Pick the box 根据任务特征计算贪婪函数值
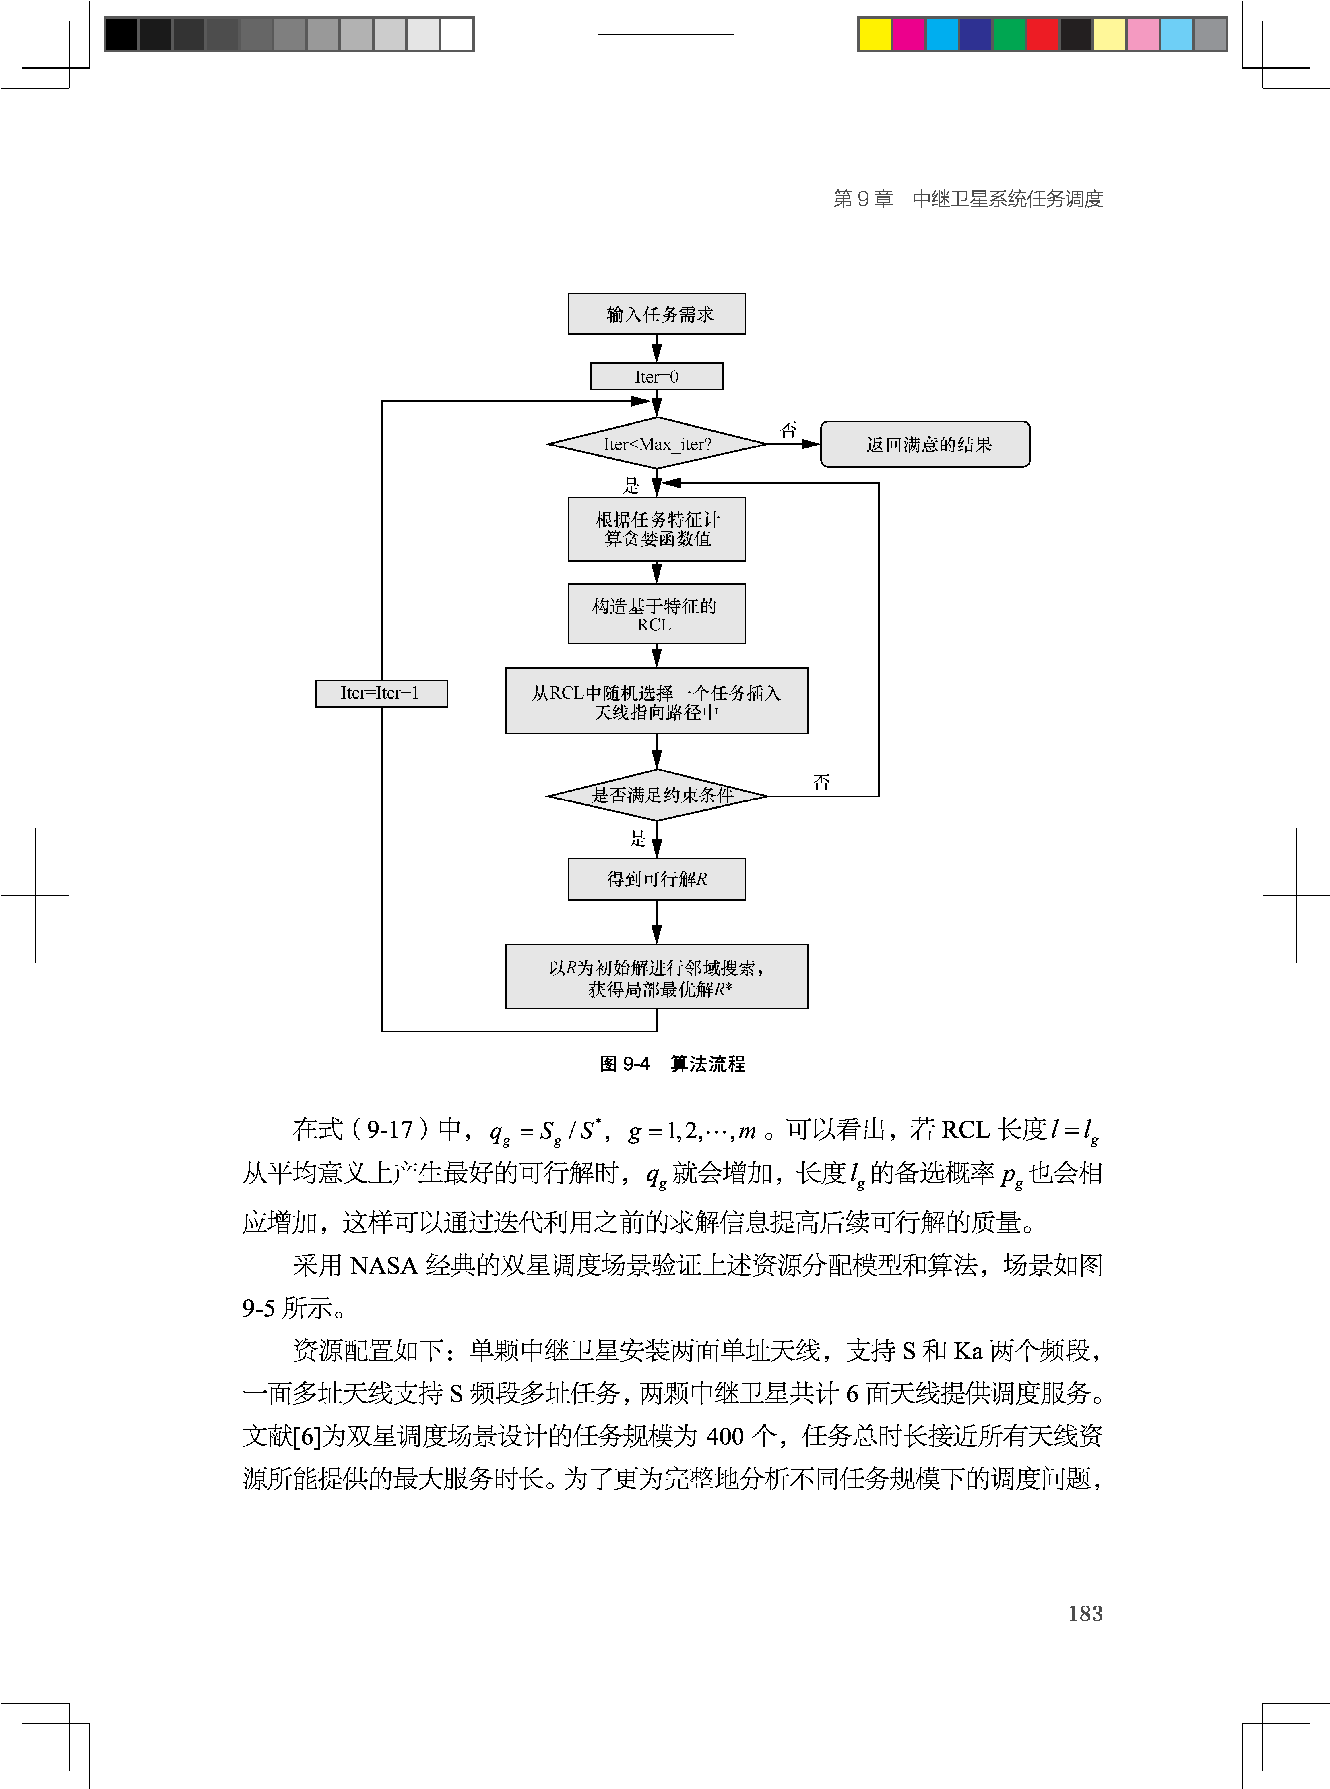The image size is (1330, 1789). [656, 529]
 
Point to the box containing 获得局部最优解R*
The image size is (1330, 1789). [656, 977]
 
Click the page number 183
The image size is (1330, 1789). [1084, 1613]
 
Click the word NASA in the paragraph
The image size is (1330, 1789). [383, 1265]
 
